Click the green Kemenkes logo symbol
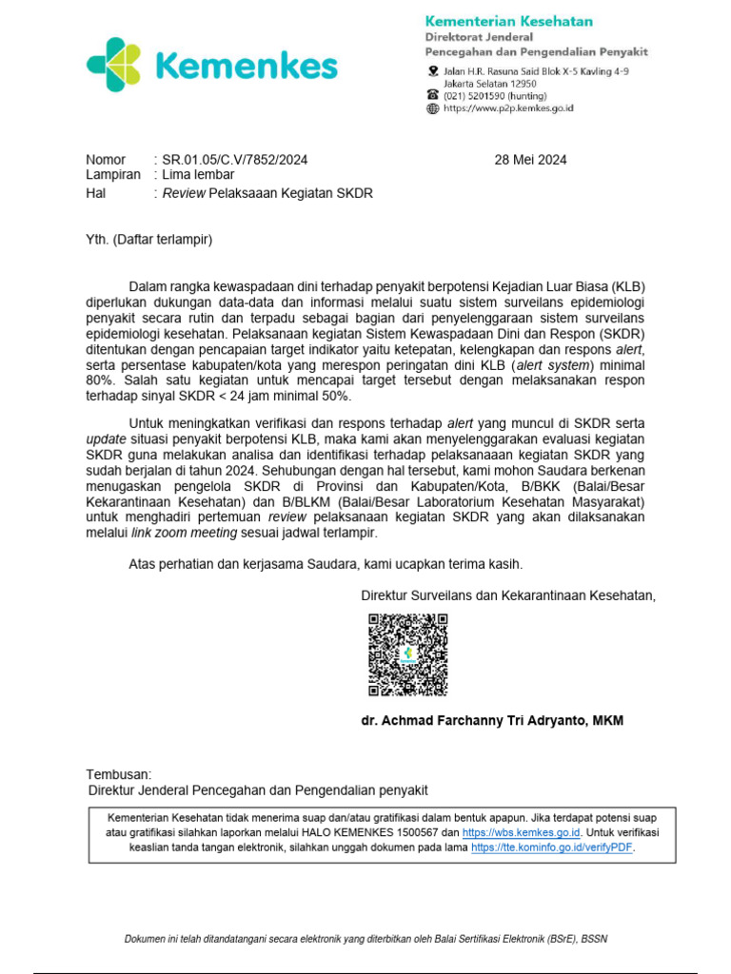[x=115, y=65]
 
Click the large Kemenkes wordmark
[x=246, y=67]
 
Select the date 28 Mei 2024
[x=530, y=160]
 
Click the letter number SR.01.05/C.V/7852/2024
[x=234, y=160]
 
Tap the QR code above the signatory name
[x=407, y=654]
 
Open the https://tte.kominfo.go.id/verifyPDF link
[x=552, y=847]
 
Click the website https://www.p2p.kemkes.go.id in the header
[x=508, y=108]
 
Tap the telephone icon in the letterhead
[x=433, y=95]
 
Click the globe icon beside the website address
[x=433, y=108]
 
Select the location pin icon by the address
[x=433, y=72]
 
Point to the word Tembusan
[x=118, y=774]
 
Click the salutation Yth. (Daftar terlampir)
[x=149, y=240]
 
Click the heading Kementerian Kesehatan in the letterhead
[x=508, y=21]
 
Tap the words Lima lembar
[x=198, y=175]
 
